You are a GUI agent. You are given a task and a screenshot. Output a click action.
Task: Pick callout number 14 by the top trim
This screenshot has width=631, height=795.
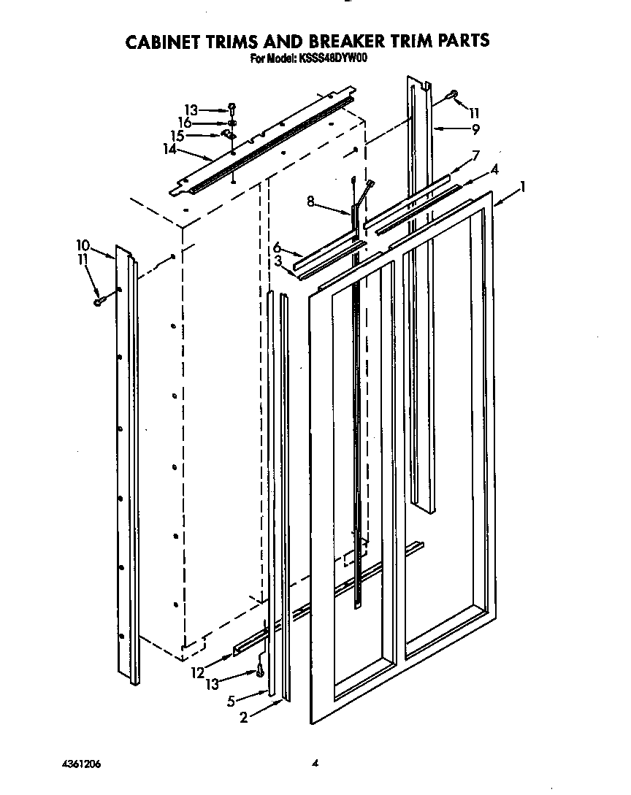pyautogui.click(x=170, y=149)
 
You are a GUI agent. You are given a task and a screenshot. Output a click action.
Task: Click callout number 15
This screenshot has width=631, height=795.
pyautogui.click(x=177, y=136)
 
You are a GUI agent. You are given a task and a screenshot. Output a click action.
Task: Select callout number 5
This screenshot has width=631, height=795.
pyautogui.click(x=231, y=702)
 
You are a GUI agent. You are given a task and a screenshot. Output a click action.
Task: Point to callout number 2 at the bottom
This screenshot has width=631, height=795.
pyautogui.click(x=244, y=718)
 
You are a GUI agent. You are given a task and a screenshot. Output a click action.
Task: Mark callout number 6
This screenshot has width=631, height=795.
pyautogui.click(x=277, y=247)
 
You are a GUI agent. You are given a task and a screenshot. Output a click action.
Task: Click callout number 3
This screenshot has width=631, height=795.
pyautogui.click(x=278, y=261)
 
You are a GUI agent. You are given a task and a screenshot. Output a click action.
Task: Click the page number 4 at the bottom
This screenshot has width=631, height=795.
pyautogui.click(x=315, y=764)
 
